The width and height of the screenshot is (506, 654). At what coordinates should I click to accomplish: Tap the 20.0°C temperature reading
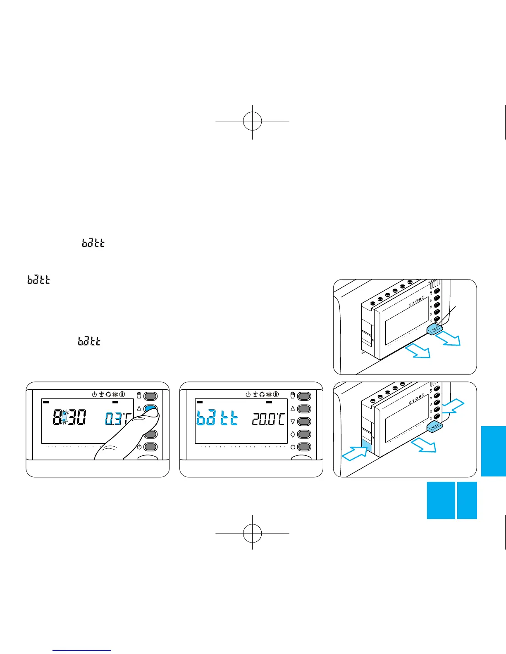268,420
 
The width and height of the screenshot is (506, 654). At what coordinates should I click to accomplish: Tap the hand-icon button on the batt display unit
304,396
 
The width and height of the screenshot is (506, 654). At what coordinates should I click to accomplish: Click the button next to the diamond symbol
304,434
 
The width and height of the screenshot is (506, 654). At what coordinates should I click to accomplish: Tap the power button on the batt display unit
304,447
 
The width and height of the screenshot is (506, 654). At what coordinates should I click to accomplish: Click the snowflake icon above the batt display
269,395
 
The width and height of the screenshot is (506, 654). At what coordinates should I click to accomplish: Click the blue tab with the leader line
434,329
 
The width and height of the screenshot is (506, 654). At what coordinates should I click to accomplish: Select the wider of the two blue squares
441,500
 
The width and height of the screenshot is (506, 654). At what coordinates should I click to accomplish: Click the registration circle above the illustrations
252,121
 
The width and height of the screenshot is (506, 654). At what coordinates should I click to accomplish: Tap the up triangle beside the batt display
293,408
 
